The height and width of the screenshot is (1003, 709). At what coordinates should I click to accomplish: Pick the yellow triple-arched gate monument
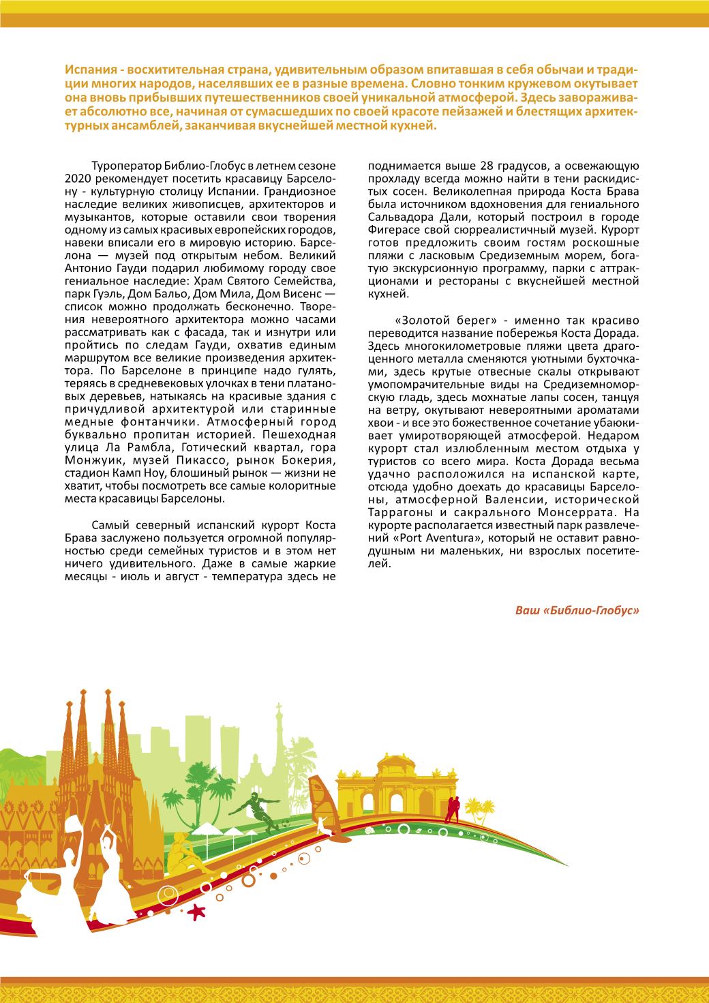(386, 791)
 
